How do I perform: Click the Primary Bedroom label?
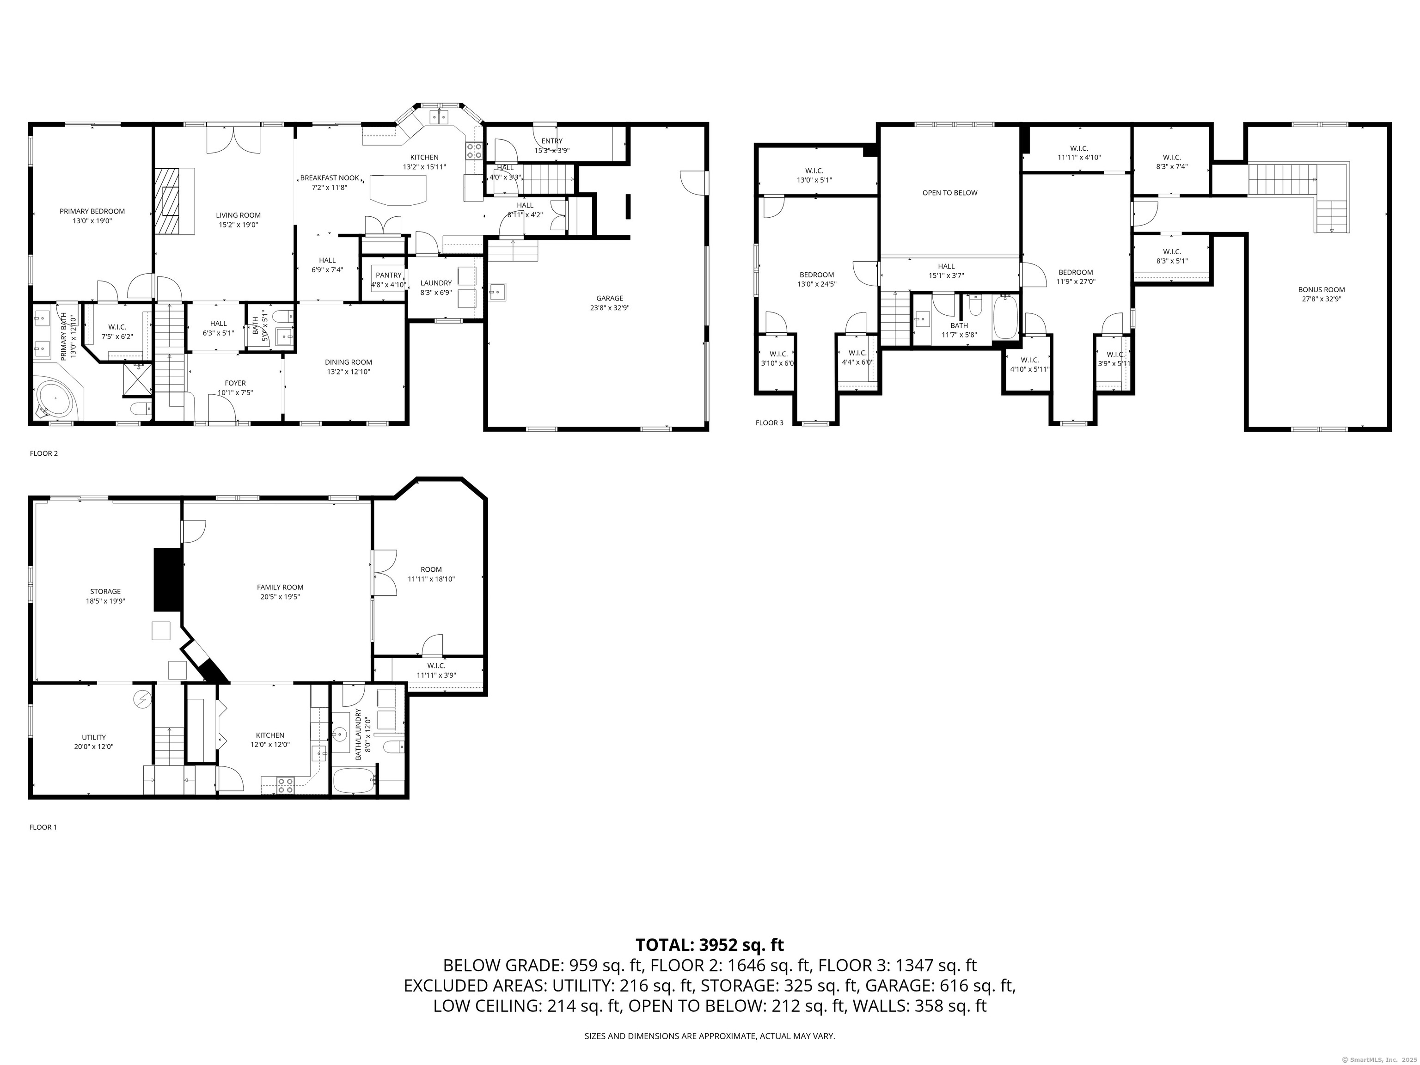coord(92,211)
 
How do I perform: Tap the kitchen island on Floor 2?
coord(398,190)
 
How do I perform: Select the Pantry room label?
coord(388,275)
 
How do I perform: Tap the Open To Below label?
coord(949,193)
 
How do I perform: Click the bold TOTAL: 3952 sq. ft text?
coord(710,945)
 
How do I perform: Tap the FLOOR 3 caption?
coord(769,422)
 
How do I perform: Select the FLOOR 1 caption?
coord(43,827)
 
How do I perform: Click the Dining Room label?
coord(349,362)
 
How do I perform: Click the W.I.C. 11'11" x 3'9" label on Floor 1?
coord(436,666)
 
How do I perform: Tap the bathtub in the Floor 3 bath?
coord(1005,317)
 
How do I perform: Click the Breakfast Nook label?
coord(329,178)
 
